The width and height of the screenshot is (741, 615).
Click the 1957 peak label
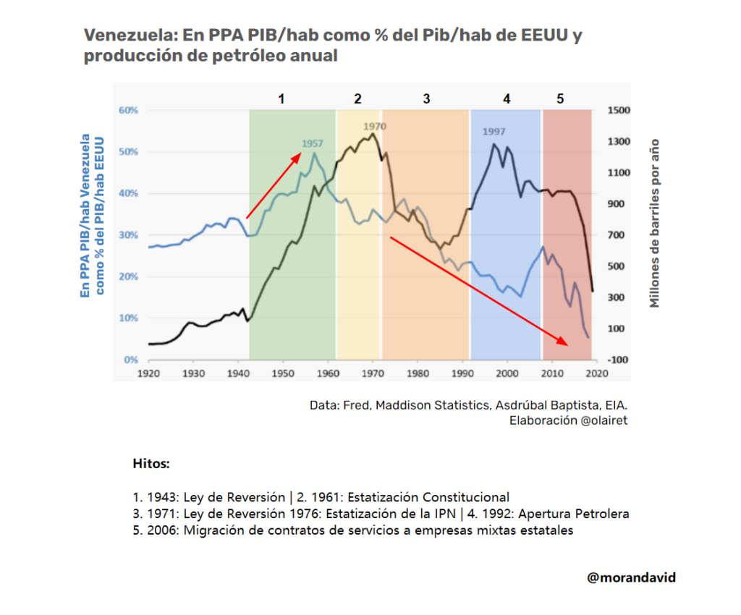point(313,143)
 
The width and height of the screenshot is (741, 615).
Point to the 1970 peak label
point(375,127)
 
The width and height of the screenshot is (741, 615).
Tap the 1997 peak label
point(494,132)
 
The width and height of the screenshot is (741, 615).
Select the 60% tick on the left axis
point(128,111)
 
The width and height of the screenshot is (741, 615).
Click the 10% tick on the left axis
point(128,318)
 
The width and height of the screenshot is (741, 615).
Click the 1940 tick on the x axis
point(237,373)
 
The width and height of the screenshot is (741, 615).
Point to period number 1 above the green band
point(282,98)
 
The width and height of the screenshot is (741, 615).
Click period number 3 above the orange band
point(426,98)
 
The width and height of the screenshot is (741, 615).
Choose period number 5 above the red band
point(560,98)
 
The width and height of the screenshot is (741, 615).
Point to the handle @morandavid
point(632,577)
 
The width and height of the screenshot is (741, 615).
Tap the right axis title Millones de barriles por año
point(655,223)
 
